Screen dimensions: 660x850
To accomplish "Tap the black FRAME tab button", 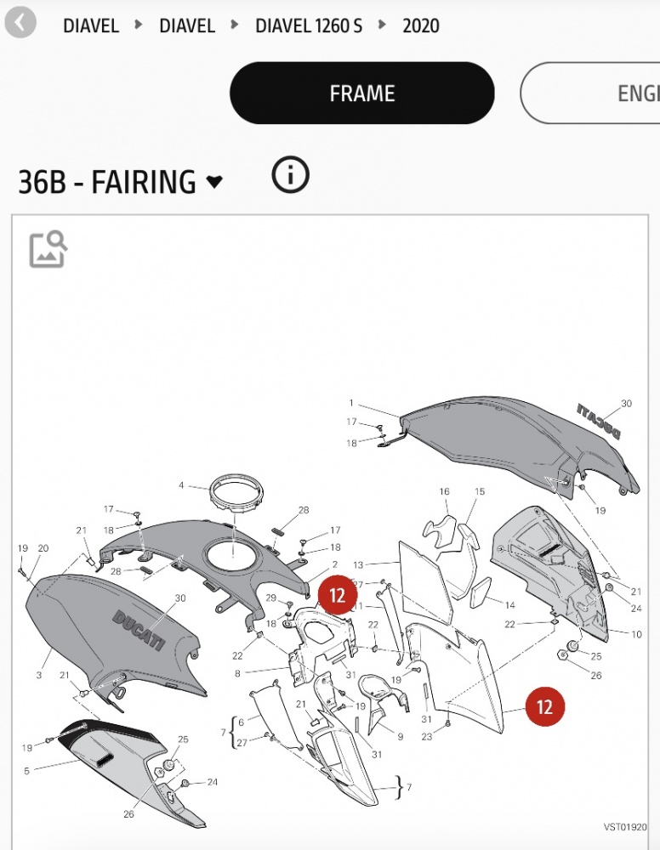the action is coord(361,93).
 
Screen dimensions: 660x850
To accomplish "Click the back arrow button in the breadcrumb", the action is coord(20,23).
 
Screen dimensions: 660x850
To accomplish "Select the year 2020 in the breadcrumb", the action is coord(421,25).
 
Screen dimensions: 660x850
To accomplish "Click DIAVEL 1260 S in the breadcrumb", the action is coord(309,25).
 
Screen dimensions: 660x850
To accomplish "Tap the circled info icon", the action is coord(290,175).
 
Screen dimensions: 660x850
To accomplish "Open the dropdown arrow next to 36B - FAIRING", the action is coord(215,182).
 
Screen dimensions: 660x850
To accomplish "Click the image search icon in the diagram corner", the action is coord(48,249).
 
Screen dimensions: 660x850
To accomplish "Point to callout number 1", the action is coord(351,403).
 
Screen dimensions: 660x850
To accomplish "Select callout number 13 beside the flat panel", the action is coord(358,565).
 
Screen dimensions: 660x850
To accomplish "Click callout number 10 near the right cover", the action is coord(637,634).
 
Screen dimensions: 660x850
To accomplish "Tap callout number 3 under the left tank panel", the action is coord(39,675).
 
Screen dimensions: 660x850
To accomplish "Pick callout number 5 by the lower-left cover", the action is coord(26,770).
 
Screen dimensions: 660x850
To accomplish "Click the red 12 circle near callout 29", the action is coord(338,595).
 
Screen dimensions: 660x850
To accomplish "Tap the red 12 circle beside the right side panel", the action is coord(544,706).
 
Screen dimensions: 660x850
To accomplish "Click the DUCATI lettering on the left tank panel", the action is coord(138,630).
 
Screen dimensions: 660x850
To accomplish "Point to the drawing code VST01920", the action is coord(625,827).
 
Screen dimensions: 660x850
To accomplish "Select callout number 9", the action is coord(401,737).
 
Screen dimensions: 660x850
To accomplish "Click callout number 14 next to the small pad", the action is coord(509,605).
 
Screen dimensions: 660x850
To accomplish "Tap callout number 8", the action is coord(237,673).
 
